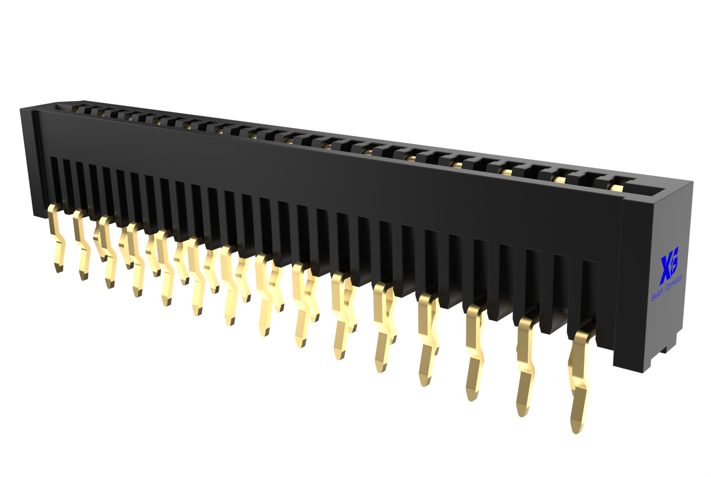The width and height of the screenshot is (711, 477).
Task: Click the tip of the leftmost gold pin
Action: coord(59,271)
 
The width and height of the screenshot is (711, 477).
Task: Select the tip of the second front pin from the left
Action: coord(84,279)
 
